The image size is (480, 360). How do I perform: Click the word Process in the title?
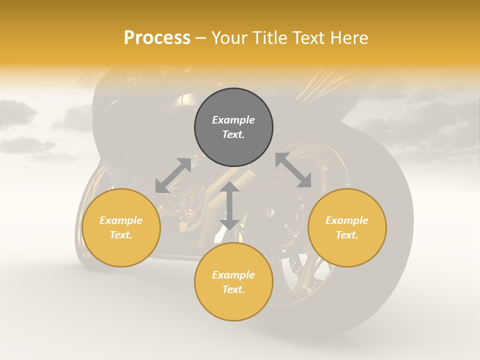(157, 38)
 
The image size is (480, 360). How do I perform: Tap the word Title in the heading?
(269, 38)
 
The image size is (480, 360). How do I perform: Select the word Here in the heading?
(349, 38)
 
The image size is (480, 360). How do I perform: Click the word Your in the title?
(230, 38)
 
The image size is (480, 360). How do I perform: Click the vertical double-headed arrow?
(229, 206)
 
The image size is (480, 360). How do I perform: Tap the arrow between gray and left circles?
(173, 175)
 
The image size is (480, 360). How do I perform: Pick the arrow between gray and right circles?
(293, 170)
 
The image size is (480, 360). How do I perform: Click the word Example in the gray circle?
(233, 120)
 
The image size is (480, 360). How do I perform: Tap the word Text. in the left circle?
(121, 235)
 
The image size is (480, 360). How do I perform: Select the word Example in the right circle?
(347, 220)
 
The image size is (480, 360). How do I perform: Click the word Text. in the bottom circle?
(233, 289)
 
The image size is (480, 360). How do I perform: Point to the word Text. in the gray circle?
(233, 134)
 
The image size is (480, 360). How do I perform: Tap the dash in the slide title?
(200, 38)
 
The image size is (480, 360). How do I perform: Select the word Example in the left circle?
(121, 220)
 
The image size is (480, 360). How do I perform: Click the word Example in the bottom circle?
(233, 275)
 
